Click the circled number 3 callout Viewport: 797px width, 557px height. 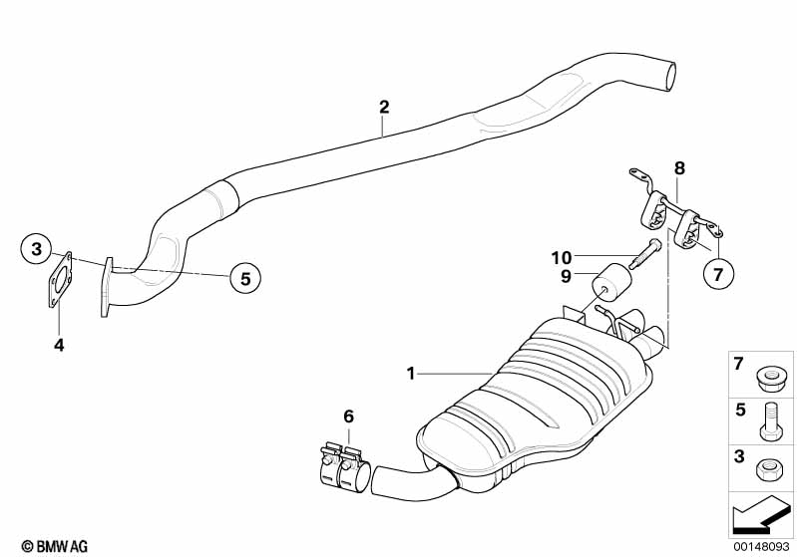pos(36,247)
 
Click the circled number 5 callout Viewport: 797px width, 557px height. pos(244,277)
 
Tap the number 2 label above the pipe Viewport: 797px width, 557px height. pos(384,107)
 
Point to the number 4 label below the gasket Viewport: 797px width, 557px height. pos(59,345)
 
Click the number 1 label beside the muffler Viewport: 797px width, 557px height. pos(410,374)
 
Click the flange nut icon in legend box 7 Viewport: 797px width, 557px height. pos(769,378)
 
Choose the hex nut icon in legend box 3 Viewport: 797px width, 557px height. pos(769,466)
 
